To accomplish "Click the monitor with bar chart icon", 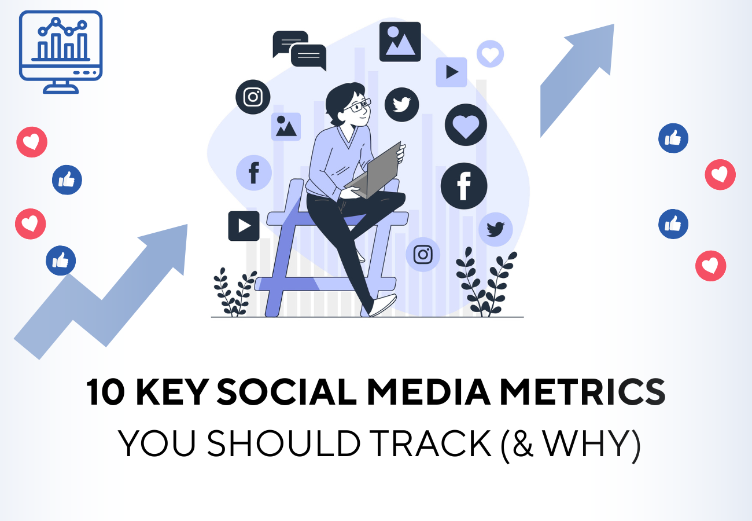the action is click(61, 52).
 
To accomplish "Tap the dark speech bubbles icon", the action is click(300, 50).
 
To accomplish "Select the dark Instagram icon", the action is click(253, 97).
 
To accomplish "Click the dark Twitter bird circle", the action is click(401, 104).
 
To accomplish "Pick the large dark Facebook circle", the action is click(464, 186).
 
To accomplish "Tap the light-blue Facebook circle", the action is click(254, 173).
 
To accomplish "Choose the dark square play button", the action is click(244, 226).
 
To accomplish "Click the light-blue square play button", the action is click(451, 72).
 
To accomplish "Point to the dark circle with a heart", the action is click(466, 124).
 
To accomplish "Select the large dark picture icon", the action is click(400, 42).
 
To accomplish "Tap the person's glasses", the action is click(357, 106).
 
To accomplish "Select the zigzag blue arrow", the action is click(101, 292).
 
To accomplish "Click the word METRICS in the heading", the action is click(583, 392).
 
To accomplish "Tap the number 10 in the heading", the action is click(105, 392).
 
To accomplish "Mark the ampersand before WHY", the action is click(523, 443).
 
